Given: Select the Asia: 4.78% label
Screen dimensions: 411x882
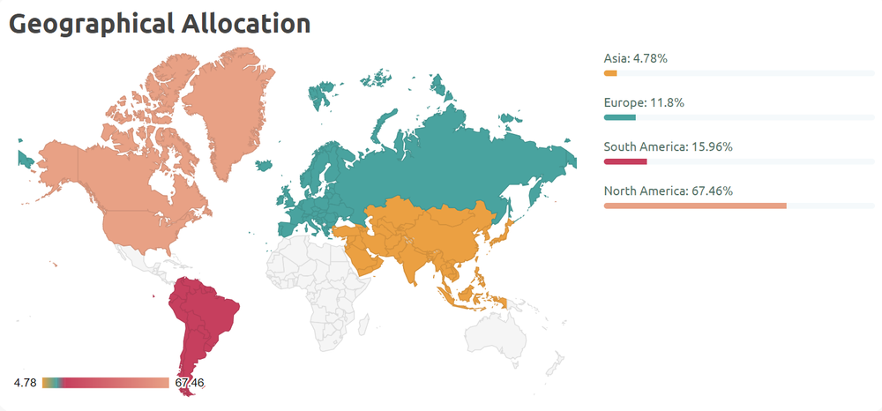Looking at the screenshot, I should (x=635, y=58).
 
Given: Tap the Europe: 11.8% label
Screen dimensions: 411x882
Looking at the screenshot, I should (x=644, y=102).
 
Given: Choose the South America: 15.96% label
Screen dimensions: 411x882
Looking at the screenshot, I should (x=668, y=146).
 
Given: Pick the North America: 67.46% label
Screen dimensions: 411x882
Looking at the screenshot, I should (x=668, y=191).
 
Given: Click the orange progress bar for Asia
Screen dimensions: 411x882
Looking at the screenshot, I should (x=610, y=73).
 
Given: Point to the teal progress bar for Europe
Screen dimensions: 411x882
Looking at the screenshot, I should (x=619, y=117).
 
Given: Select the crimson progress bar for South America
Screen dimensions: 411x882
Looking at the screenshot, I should (x=625, y=161).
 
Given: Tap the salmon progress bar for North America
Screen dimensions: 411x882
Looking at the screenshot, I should (x=695, y=205).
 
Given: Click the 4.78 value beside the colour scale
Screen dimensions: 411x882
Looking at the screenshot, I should (x=25, y=383).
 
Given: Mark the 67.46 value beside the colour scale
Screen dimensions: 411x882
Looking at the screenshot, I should (x=190, y=383).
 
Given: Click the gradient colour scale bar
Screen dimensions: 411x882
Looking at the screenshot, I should (x=105, y=383).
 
